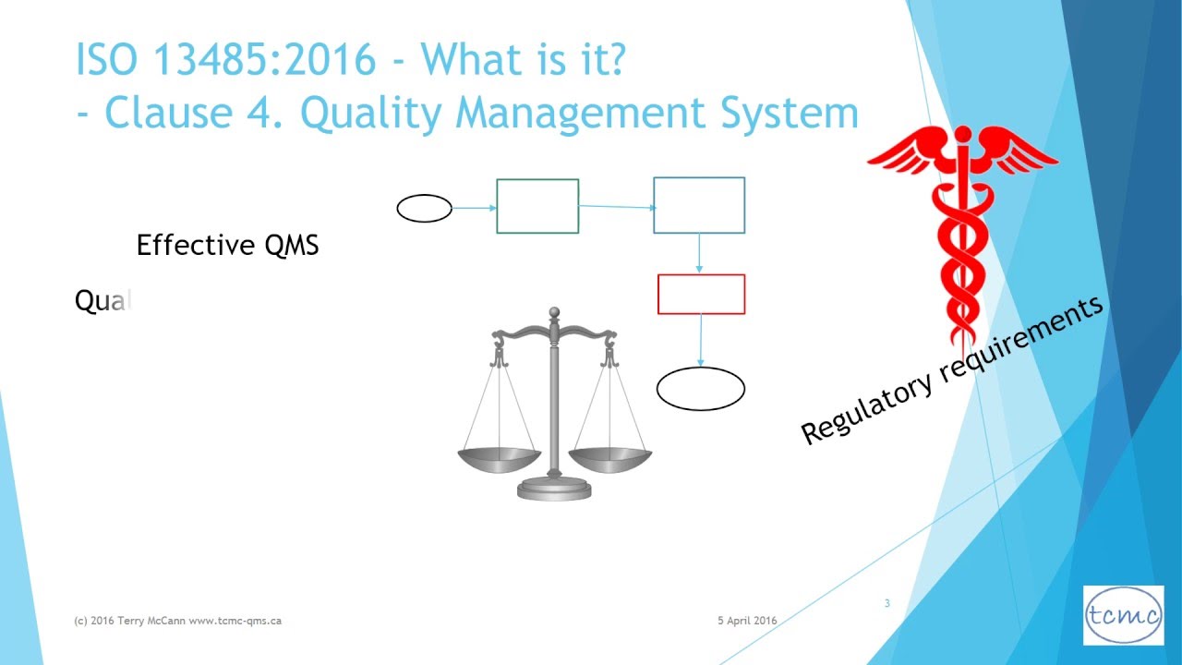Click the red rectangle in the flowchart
[701, 294]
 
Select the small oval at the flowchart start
[424, 209]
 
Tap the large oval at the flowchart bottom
[700, 389]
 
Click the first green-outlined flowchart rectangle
[537, 206]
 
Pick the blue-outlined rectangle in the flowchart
[699, 205]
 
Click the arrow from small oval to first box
[475, 208]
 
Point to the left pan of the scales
[499, 457]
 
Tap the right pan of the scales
[609, 457]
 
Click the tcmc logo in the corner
[1123, 615]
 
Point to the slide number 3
[886, 604]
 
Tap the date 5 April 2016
[747, 621]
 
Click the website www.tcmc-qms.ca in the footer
[235, 621]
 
